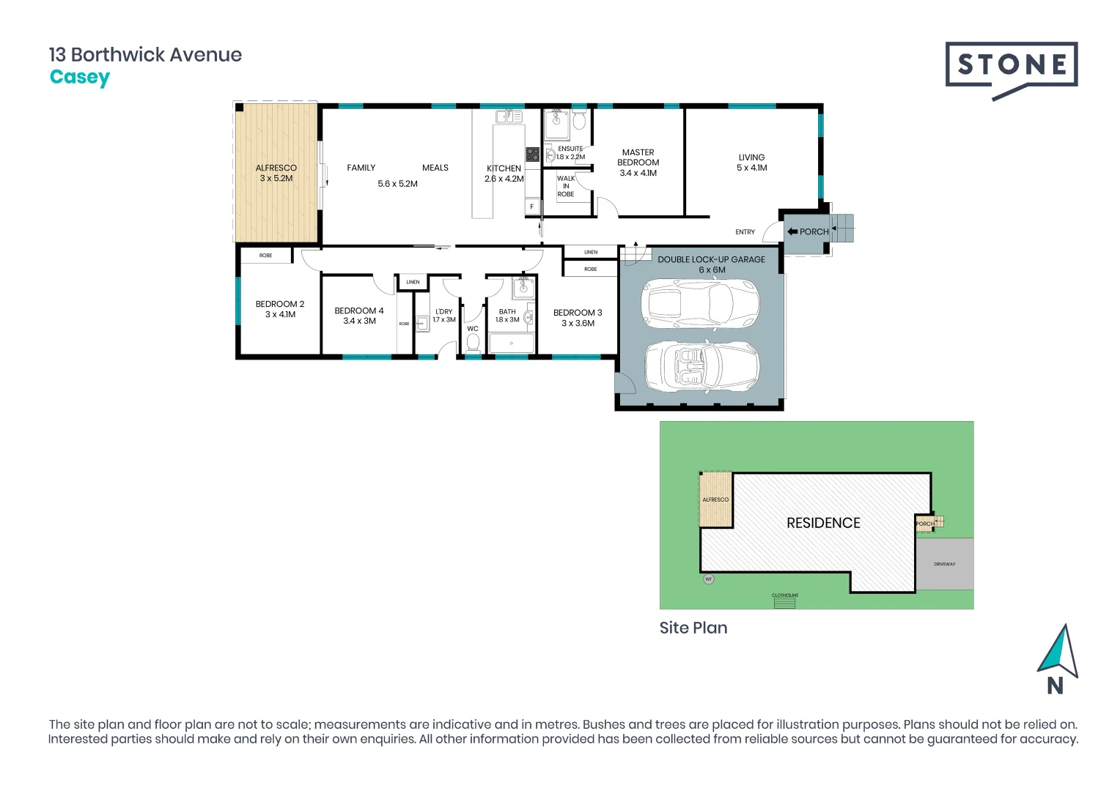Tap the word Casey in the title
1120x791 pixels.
tap(80, 77)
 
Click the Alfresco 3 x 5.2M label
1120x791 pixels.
tap(276, 173)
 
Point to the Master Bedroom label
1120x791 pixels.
tap(638, 163)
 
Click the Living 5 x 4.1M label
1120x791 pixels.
tap(751, 163)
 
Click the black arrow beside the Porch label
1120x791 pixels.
tap(792, 231)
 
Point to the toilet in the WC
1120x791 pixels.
tap(473, 343)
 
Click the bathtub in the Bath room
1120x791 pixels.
tap(511, 343)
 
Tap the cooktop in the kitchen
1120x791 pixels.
tap(532, 155)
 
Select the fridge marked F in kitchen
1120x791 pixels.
tap(532, 207)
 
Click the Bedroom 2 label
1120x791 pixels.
tap(280, 309)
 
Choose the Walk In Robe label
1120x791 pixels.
tap(566, 186)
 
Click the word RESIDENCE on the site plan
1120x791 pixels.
tap(823, 523)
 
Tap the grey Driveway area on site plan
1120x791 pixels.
tap(945, 564)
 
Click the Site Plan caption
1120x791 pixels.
tap(693, 628)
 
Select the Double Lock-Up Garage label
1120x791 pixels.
tap(711, 264)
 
